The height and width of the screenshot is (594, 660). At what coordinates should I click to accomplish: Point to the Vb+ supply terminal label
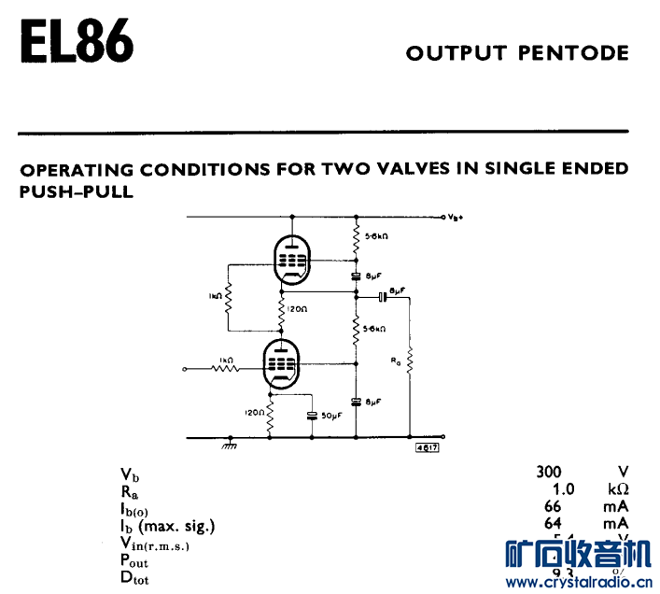(x=456, y=218)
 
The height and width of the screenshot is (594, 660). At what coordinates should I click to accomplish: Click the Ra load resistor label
(x=396, y=360)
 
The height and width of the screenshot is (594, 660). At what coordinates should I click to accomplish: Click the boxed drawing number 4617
(x=428, y=447)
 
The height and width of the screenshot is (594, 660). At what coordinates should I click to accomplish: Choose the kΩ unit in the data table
(x=616, y=488)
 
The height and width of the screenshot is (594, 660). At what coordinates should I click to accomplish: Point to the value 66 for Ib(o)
(x=554, y=506)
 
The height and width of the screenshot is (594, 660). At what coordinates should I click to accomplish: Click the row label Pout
(x=133, y=560)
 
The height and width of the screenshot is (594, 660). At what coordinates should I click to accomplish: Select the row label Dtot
(x=133, y=577)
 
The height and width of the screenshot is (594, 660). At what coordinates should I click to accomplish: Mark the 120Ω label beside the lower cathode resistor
(x=254, y=412)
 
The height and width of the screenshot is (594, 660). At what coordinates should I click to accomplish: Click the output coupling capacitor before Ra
(x=382, y=298)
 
